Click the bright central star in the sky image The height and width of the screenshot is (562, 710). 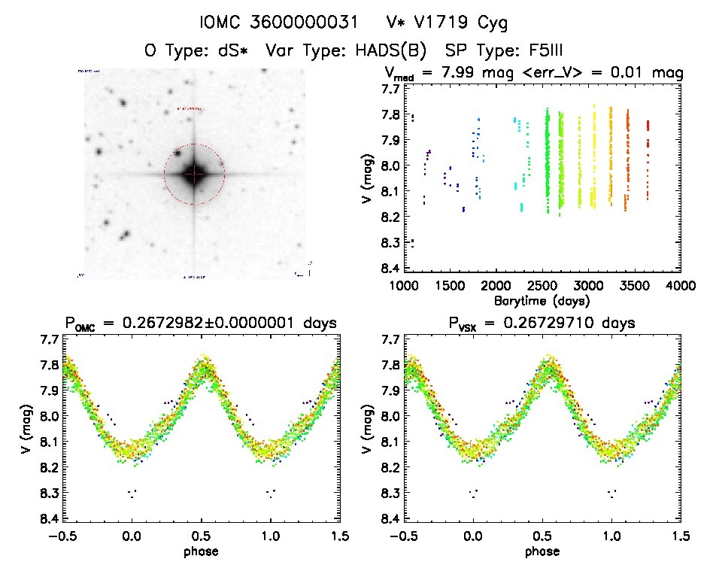pos(194,174)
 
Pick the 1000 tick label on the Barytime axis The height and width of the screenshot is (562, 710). pos(404,286)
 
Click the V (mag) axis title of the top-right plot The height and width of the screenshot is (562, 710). pos(363,179)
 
